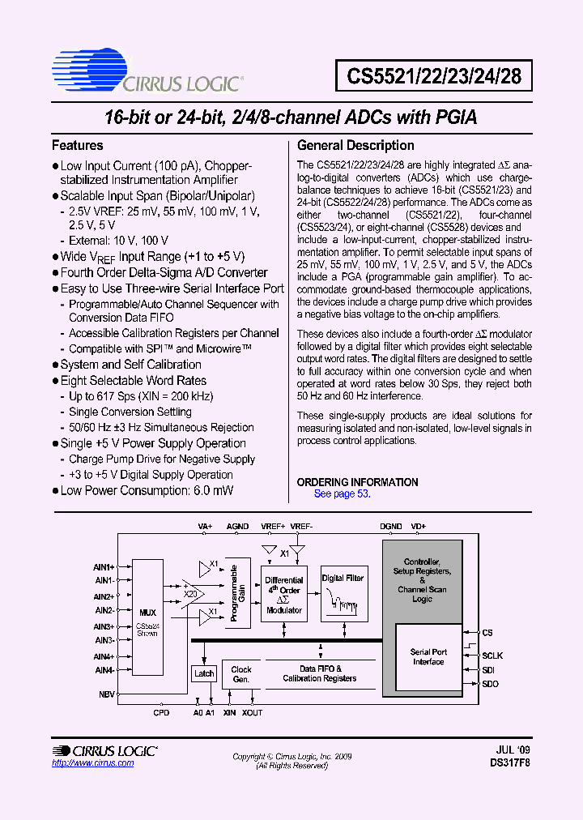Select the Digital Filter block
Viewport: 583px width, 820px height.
coord(343,594)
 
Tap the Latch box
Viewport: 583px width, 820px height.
coord(204,674)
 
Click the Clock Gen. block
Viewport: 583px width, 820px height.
coord(241,674)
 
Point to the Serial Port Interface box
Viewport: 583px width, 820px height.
coord(428,656)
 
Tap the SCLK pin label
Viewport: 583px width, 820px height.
coord(492,655)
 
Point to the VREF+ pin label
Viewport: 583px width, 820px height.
coord(272,526)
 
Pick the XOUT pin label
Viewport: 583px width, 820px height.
coord(252,712)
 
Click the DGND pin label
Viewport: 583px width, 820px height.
coord(390,526)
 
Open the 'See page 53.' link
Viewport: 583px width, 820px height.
coord(342,493)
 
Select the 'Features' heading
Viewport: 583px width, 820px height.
coord(78,146)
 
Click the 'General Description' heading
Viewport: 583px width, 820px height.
coord(355,146)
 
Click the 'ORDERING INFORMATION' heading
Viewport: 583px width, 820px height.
coord(357,482)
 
